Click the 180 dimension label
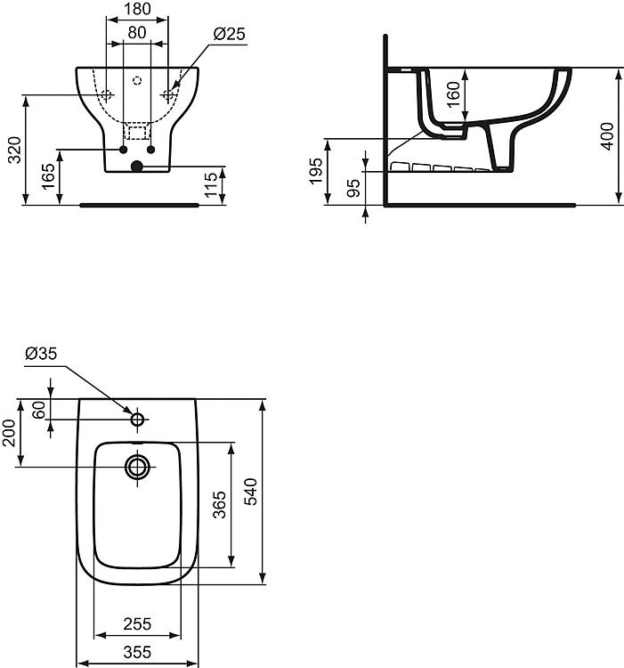tap(137, 9)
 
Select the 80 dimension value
tap(137, 33)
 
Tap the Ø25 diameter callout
tap(230, 34)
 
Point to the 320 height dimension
tap(15, 150)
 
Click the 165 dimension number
tap(49, 176)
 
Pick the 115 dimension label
tap(211, 185)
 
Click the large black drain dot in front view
tap(136, 167)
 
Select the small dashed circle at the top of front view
tap(137, 80)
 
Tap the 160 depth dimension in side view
tap(454, 94)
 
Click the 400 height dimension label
tap(607, 136)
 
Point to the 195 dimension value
tap(316, 171)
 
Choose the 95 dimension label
tap(353, 188)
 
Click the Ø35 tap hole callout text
tap(41, 354)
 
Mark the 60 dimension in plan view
tap(39, 410)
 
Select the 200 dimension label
tap(9, 433)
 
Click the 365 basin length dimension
tap(220, 505)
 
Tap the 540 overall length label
tap(251, 492)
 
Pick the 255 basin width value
tap(137, 624)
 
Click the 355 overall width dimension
tap(137, 652)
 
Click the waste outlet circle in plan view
tap(137, 467)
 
